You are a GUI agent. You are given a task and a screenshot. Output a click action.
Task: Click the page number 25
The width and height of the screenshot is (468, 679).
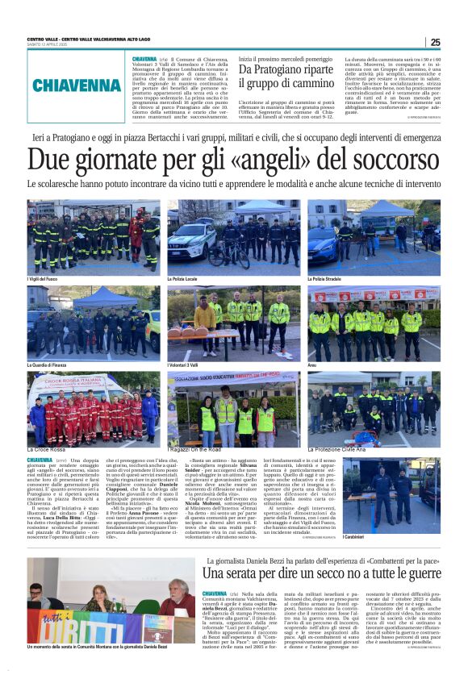(x=435, y=43)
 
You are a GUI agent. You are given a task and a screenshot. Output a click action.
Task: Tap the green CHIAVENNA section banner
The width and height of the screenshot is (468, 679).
(x=77, y=85)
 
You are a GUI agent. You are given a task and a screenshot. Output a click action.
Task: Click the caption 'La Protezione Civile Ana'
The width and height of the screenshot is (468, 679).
(x=339, y=448)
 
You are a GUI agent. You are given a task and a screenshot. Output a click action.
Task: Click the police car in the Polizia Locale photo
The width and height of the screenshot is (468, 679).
(x=194, y=239)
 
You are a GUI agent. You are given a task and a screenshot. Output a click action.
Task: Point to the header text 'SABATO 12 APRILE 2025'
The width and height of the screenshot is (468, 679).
(x=48, y=46)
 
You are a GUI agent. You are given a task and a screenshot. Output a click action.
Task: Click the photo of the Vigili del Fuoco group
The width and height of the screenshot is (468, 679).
(x=93, y=237)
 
